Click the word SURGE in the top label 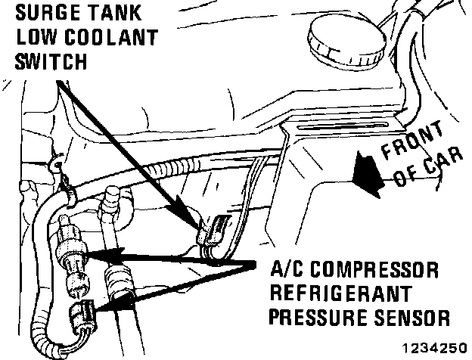click(x=41, y=13)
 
